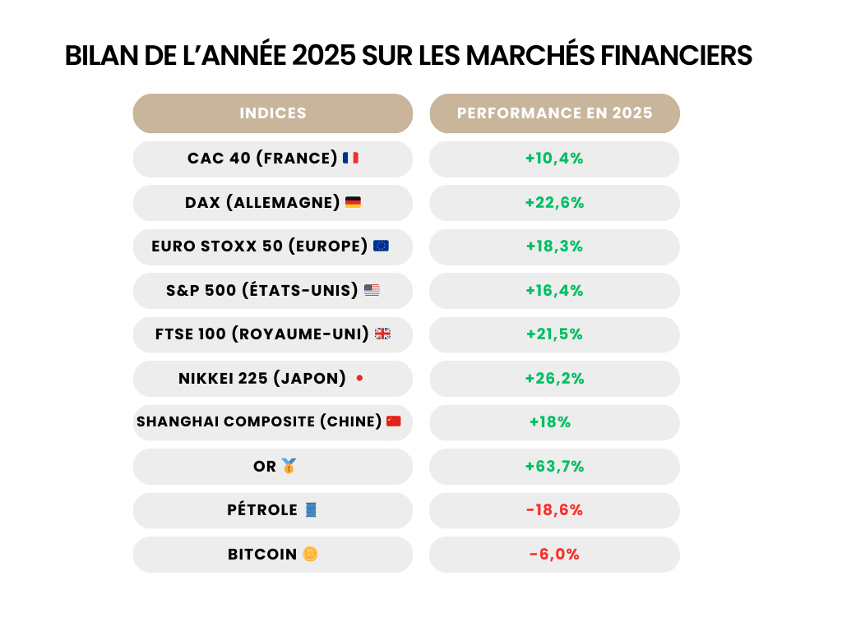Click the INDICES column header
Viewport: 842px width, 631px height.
pos(272,113)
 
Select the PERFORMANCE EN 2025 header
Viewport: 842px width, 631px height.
pos(554,113)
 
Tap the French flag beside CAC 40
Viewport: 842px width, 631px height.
pos(350,158)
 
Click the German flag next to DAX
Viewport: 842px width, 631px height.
pos(353,202)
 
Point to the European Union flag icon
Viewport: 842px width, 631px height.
pos(381,246)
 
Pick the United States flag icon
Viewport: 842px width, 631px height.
pos(372,290)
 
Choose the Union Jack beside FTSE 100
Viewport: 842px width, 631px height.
pos(382,334)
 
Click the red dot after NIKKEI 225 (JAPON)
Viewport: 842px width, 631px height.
pos(359,378)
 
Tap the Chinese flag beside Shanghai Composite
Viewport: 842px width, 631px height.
pos(393,421)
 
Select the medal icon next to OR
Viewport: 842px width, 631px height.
pos(289,466)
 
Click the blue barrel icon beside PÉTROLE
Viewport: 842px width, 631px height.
pos(310,509)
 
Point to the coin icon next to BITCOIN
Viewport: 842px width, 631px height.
pos(310,555)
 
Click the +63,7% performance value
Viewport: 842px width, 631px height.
pos(554,467)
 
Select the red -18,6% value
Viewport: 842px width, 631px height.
pos(554,510)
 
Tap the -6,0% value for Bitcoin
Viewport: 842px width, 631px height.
pos(554,555)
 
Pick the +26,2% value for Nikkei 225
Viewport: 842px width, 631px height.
pos(554,379)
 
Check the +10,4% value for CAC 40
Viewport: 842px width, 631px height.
pos(554,159)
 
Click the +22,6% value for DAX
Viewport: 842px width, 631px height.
pos(554,203)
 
